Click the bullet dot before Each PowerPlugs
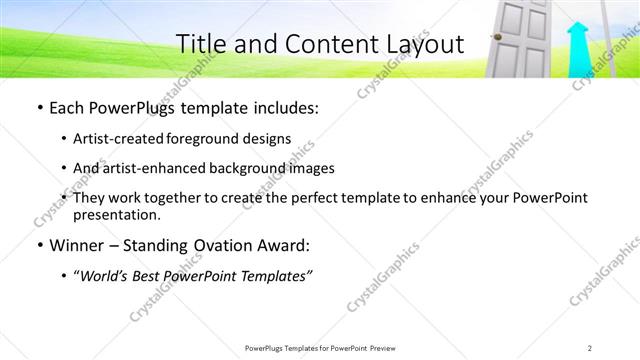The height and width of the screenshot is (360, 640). coord(39,106)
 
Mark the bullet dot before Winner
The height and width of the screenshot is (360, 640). coord(39,246)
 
